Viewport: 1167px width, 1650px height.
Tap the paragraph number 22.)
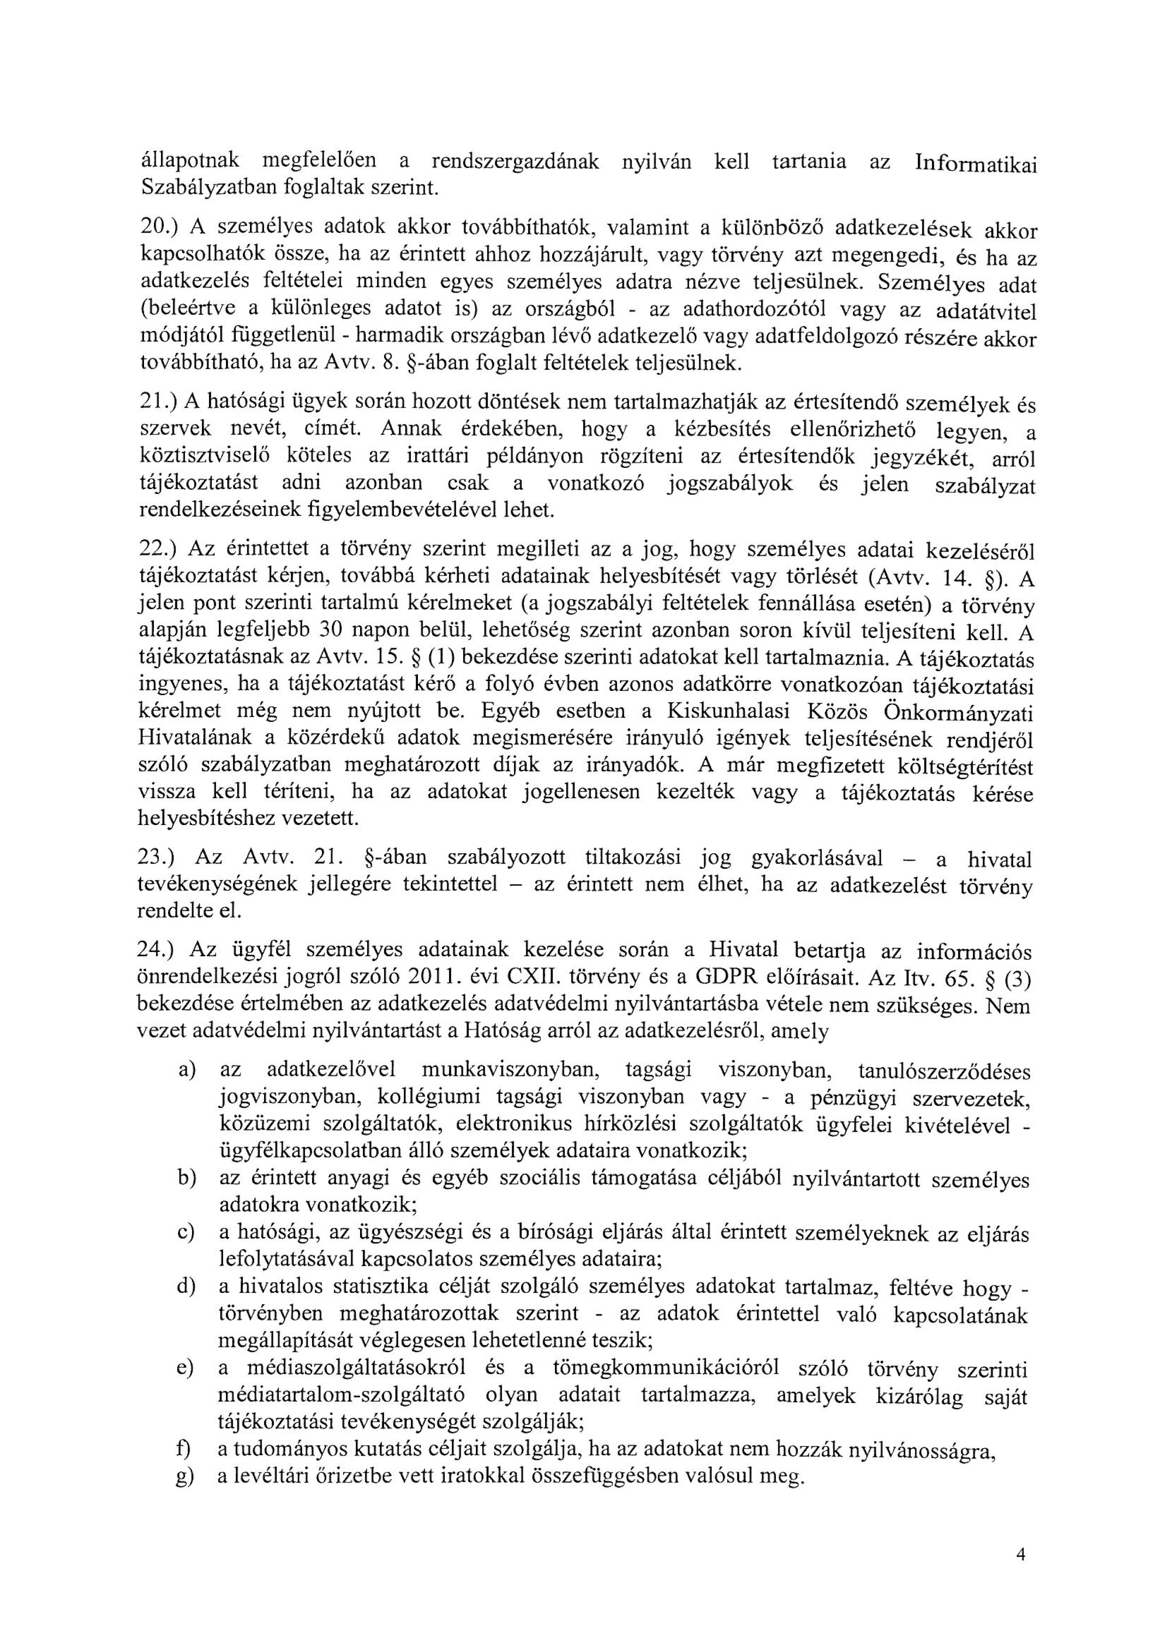pyautogui.click(x=156, y=548)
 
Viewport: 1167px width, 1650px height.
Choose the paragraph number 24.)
pyautogui.click(x=156, y=950)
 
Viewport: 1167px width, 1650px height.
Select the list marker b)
pyautogui.click(x=187, y=1179)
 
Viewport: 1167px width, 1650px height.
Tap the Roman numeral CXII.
pyautogui.click(x=523, y=978)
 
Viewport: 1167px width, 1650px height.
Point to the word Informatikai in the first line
pyautogui.click(x=976, y=164)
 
